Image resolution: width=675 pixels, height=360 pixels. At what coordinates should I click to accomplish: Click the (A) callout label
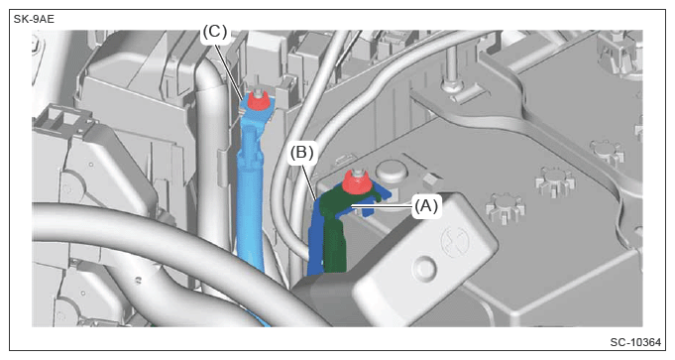tap(426, 206)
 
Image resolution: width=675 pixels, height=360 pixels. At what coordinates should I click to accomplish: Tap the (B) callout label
tap(301, 153)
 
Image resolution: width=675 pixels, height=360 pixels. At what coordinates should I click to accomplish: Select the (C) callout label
tap(214, 32)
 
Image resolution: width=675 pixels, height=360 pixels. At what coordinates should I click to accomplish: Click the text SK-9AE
tap(34, 20)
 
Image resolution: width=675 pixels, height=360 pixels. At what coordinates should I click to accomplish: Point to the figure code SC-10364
tap(635, 342)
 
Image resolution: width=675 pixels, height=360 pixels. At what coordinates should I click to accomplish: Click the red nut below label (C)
tap(259, 102)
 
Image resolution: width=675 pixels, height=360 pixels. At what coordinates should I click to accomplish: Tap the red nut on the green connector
tap(357, 183)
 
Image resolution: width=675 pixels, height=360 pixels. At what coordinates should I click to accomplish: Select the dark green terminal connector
tap(340, 228)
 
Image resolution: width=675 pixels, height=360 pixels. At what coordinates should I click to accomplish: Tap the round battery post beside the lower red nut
tap(392, 172)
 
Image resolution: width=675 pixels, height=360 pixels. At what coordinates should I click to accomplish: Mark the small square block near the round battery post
tap(433, 180)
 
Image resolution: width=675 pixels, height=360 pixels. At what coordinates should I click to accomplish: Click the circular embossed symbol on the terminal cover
tap(457, 242)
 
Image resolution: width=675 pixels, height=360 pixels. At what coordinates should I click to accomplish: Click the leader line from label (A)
tap(383, 206)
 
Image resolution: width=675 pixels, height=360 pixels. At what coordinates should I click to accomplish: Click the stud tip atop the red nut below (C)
tap(258, 91)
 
